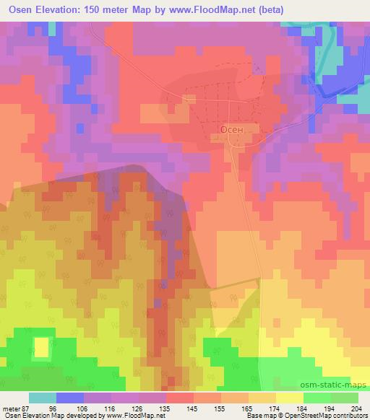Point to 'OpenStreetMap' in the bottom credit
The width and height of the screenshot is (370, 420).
(312, 415)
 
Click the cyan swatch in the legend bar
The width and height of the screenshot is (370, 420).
(43, 397)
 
